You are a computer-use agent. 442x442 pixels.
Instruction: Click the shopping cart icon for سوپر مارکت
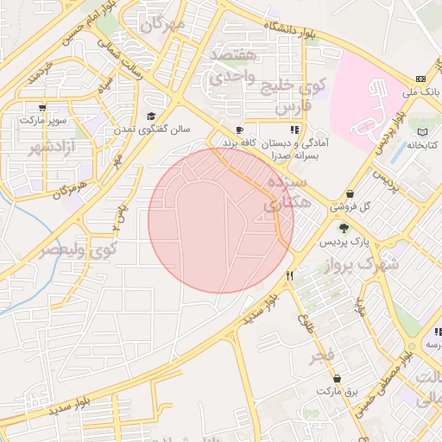pyautogui.click(x=42, y=108)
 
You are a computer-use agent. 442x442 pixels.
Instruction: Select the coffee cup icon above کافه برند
pyautogui.click(x=239, y=130)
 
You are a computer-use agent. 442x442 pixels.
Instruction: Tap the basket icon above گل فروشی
pyautogui.click(x=350, y=194)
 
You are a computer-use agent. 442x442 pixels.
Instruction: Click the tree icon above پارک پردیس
pyautogui.click(x=344, y=228)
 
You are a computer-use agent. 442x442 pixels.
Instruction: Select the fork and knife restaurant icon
pyautogui.click(x=290, y=276)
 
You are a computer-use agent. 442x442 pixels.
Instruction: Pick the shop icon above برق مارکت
pyautogui.click(x=336, y=379)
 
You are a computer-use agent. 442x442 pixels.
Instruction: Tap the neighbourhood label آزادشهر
pyautogui.click(x=54, y=147)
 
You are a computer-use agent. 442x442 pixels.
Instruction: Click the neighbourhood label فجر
pyautogui.click(x=324, y=355)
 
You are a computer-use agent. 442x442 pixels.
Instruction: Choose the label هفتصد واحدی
pyautogui.click(x=234, y=66)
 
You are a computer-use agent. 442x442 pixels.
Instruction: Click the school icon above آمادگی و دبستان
pyautogui.click(x=295, y=130)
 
